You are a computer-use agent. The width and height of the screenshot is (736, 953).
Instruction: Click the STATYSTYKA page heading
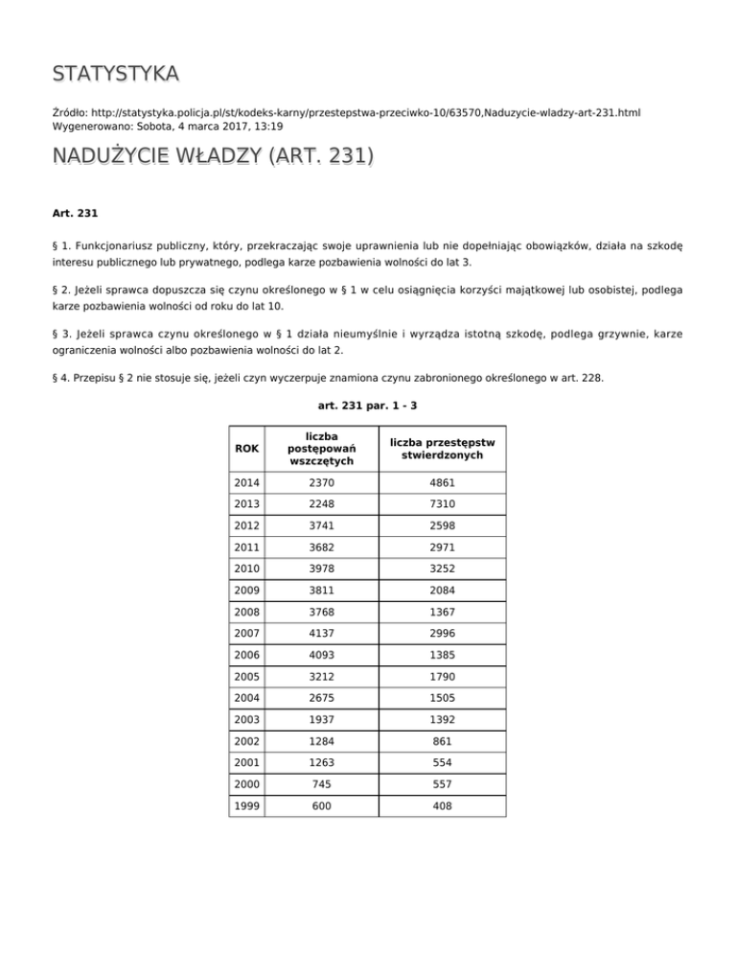coord(116,74)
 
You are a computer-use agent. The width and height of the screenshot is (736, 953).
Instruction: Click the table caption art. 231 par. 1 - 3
coord(367,406)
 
